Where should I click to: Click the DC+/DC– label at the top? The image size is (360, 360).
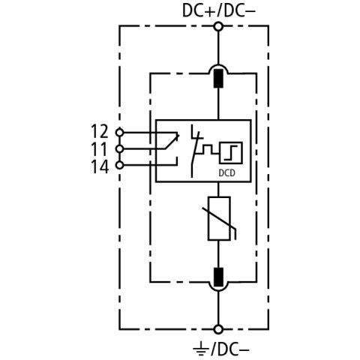tap(219, 11)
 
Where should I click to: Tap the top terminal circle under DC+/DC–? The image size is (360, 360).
tap(219, 26)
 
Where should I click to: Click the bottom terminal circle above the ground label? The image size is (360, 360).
tap(219, 329)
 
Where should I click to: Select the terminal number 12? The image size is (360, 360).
tap(100, 131)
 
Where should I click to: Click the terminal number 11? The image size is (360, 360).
tap(99, 149)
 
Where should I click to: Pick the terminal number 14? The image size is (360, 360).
tap(100, 166)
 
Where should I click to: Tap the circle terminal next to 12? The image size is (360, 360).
tap(120, 132)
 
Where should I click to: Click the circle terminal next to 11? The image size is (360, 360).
tap(120, 149)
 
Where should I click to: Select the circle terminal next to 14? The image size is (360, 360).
tap(120, 165)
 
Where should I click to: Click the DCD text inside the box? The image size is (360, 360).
tap(227, 172)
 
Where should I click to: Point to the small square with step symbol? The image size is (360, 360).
tap(231, 153)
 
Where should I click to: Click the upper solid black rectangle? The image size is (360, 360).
tap(219, 79)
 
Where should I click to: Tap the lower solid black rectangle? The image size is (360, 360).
tap(219, 277)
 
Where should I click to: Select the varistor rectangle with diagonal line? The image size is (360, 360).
tap(219, 218)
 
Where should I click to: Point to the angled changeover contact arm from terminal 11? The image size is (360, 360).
tap(172, 142)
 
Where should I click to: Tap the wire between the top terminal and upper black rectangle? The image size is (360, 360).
tap(219, 48)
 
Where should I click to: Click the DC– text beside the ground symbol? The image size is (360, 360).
tap(230, 349)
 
